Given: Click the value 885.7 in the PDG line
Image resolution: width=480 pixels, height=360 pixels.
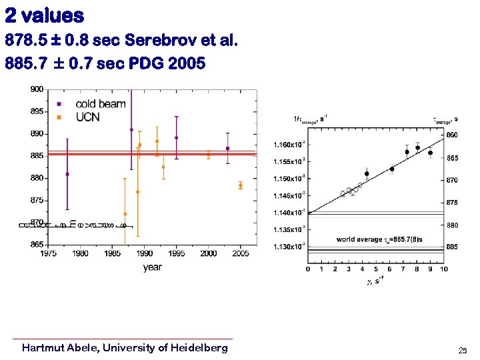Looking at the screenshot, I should click(24, 64).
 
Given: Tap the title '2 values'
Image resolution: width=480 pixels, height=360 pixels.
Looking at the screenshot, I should click(45, 15).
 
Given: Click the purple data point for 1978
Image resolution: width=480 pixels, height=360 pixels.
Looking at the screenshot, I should click(67, 174).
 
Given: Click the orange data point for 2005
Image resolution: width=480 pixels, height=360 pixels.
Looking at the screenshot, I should click(241, 185).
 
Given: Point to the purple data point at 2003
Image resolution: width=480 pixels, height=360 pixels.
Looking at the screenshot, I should click(228, 148).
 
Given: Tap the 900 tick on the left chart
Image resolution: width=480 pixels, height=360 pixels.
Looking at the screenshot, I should click(37, 89).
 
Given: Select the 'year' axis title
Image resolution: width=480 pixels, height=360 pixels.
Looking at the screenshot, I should click(152, 267).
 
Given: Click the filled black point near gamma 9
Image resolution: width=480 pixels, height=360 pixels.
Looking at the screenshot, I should click(431, 153).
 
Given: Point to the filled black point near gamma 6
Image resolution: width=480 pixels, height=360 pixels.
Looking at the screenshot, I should click(392, 169).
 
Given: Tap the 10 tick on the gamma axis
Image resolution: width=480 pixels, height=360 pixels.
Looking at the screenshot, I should click(443, 269).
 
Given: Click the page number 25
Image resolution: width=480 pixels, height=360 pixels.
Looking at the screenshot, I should click(463, 350).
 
